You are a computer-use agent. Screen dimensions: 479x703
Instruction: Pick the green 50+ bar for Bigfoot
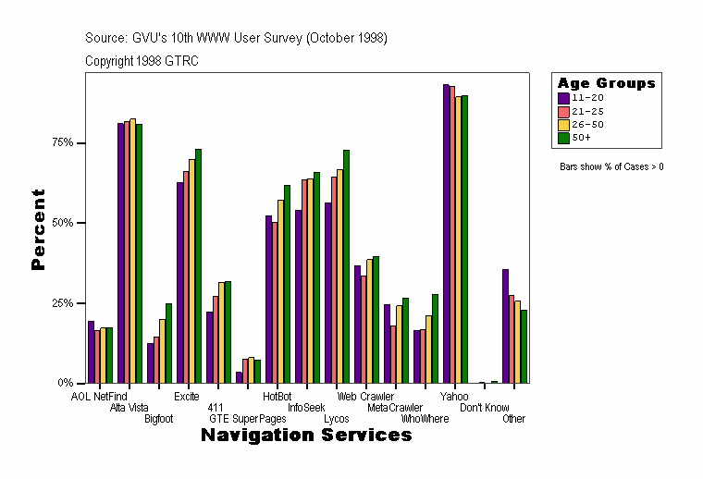[x=168, y=343]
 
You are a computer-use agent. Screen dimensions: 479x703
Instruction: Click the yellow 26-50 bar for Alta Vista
[x=132, y=251]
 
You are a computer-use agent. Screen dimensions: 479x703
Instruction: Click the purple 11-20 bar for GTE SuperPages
[x=239, y=377]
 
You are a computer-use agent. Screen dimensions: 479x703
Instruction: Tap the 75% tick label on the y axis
[x=62, y=143]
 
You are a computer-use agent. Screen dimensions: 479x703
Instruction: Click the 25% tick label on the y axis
[x=62, y=303]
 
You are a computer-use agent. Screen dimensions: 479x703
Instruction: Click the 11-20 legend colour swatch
[x=563, y=97]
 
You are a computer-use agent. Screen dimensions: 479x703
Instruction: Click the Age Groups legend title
[x=606, y=83]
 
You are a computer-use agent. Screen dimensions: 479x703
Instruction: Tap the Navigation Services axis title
[x=306, y=436]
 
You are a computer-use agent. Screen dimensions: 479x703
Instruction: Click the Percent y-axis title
[x=38, y=229]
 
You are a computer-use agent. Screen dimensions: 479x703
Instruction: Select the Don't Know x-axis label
[x=484, y=408]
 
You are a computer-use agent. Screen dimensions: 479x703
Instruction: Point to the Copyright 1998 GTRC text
[x=142, y=61]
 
